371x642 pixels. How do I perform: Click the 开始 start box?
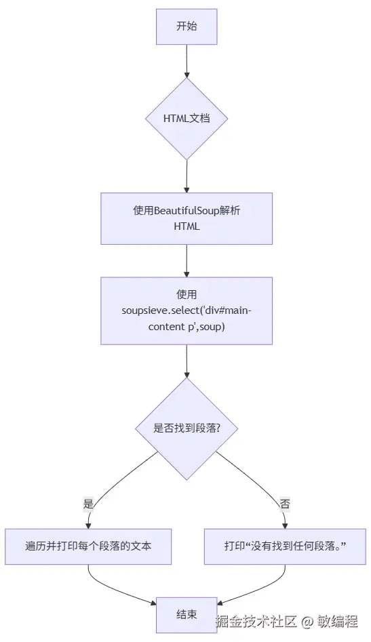coord(187,26)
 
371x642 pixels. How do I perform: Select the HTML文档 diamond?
coord(187,119)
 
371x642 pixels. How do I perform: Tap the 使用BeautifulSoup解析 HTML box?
coord(187,218)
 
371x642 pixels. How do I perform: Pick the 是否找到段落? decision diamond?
coord(187,428)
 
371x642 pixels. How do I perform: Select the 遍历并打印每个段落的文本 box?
coord(88,546)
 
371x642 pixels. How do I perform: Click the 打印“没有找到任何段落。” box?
coord(285,546)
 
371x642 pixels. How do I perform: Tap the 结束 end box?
coord(187,614)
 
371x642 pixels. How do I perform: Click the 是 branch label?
coord(88,504)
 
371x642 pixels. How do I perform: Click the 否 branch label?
coord(285,504)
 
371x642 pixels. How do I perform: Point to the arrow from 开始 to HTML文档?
coord(187,61)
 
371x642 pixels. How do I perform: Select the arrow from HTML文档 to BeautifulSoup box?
coord(187,176)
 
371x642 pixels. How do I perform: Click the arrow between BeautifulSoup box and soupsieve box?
coord(187,260)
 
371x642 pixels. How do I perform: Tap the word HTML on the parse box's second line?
coord(187,226)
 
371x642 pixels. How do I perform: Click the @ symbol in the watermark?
coord(307,621)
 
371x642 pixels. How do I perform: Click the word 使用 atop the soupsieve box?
coord(187,294)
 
